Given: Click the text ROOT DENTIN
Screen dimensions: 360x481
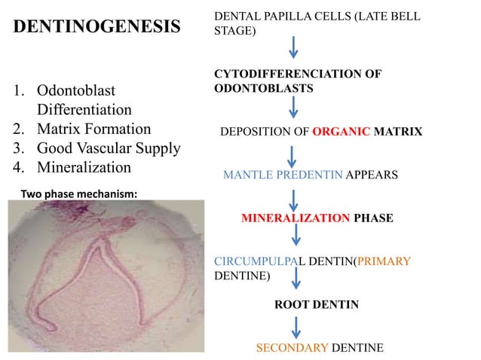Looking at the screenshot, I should coord(316,305).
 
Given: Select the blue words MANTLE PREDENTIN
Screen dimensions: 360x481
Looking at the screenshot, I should coord(283,175).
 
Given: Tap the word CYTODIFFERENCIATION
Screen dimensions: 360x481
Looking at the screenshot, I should coord(298,75).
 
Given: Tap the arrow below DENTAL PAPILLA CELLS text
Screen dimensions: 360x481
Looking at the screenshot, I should coord(294,47).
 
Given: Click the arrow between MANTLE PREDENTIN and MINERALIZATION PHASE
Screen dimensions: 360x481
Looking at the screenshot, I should coord(295,197).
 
